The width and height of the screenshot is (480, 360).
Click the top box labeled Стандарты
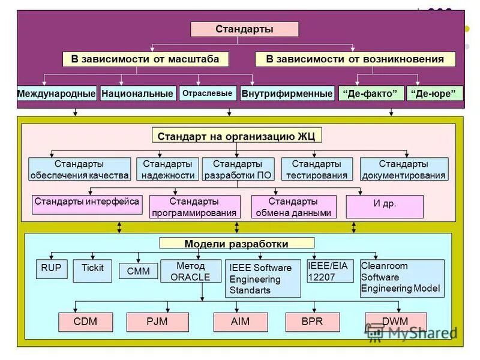pyautogui.click(x=244, y=29)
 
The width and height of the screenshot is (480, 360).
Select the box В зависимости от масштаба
pyautogui.click(x=141, y=59)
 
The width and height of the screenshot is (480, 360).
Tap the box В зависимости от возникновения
pyautogui.click(x=355, y=59)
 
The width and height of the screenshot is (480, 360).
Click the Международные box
pyautogui.click(x=56, y=94)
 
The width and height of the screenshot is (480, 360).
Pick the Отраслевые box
pyautogui.click(x=207, y=94)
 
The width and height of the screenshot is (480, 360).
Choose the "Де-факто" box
pyautogui.click(x=371, y=94)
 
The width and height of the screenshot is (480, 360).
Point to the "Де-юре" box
pyautogui.click(x=435, y=94)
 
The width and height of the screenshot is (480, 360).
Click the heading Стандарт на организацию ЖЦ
pyautogui.click(x=237, y=136)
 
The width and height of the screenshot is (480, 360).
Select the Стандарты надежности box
pyautogui.click(x=168, y=170)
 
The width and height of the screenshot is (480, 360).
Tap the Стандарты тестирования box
pyautogui.click(x=316, y=170)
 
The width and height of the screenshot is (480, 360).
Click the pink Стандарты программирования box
pyautogui.click(x=194, y=207)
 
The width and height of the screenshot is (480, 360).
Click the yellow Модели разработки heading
pyautogui.click(x=236, y=244)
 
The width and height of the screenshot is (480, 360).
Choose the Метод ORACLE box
pyautogui.click(x=190, y=271)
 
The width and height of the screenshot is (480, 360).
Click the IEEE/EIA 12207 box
pyautogui.click(x=329, y=271)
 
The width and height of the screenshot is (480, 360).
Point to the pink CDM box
pyautogui.click(x=85, y=322)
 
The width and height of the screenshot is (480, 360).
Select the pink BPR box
pyautogui.click(x=312, y=322)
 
